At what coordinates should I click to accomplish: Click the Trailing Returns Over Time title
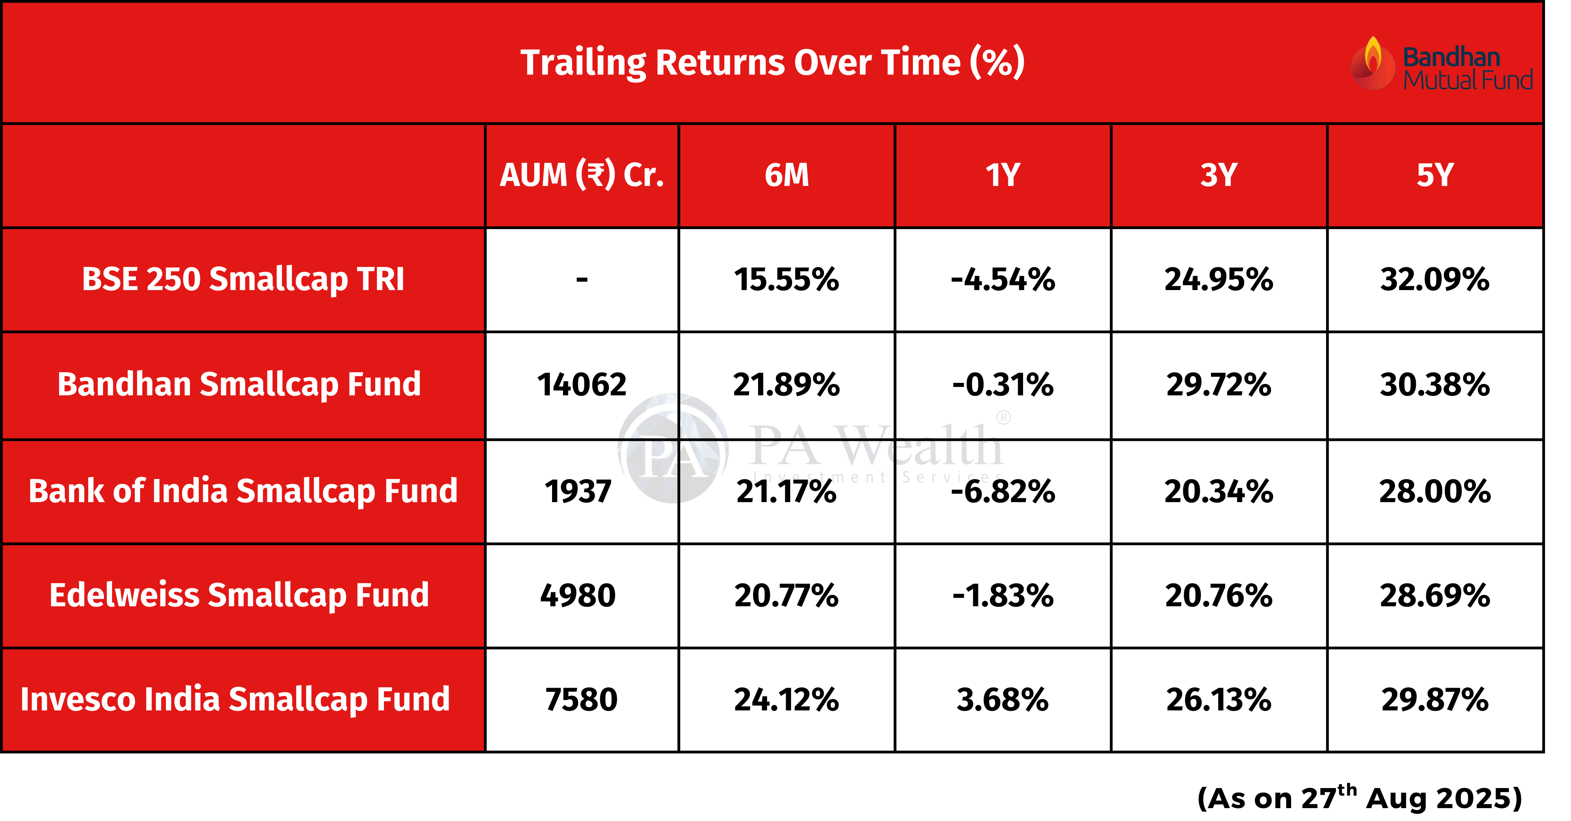tap(772, 62)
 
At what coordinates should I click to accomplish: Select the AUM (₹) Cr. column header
tap(582, 175)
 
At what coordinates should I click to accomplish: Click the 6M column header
tap(787, 175)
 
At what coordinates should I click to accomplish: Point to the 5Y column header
tap(1435, 175)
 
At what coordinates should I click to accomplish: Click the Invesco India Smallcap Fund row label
tap(235, 699)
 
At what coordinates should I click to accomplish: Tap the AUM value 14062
tap(582, 385)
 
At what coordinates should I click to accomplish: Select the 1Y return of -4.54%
tap(1003, 280)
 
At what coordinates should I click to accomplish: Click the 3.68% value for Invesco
tap(1003, 699)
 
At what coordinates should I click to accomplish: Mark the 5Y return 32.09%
tap(1435, 280)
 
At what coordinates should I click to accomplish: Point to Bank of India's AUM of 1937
tap(578, 492)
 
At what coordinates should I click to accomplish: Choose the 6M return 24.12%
tap(787, 699)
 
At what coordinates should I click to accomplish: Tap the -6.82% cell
tap(1003, 492)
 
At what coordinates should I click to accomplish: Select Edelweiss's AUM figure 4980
tap(578, 595)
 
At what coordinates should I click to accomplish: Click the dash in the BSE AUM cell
tap(582, 280)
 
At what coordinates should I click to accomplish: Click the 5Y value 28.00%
tap(1435, 492)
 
